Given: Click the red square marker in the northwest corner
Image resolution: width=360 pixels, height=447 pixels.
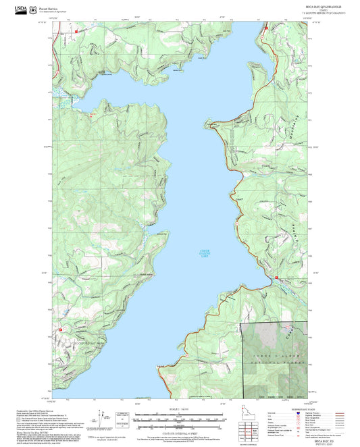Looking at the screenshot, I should [x=78, y=30].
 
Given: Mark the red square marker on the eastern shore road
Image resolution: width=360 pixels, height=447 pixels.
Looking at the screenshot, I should [x=276, y=278].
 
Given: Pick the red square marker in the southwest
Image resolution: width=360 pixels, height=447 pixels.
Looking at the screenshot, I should [x=61, y=330].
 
